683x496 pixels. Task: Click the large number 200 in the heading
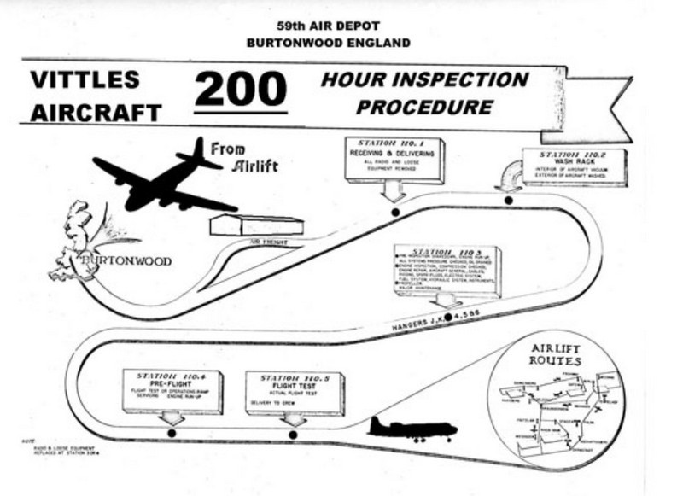pos(239,90)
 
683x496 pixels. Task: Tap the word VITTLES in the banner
pos(85,80)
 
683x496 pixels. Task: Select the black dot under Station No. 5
pos(293,435)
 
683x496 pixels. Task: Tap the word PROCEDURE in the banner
pos(424,108)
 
